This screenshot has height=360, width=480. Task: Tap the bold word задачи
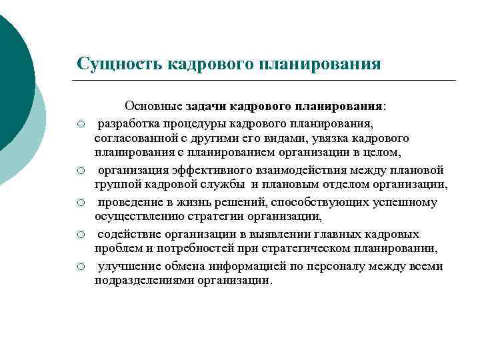tap(208, 106)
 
